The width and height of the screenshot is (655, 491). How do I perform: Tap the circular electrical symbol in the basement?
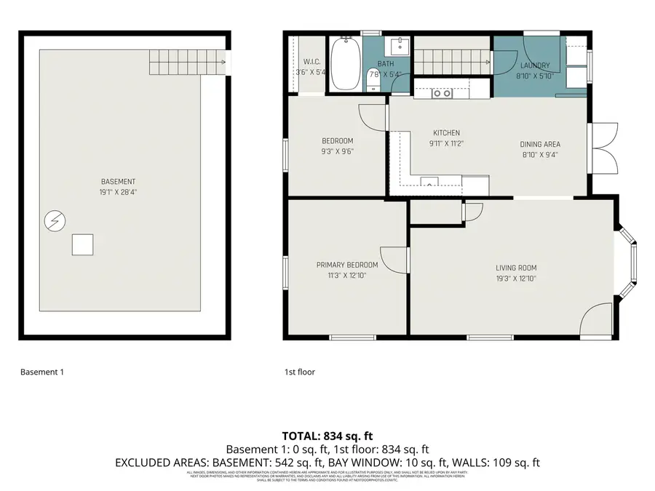[54, 220]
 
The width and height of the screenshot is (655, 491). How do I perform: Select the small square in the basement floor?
[82, 244]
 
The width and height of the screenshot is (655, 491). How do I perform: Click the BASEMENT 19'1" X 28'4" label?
[119, 187]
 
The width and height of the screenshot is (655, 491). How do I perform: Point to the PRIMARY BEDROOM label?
[347, 266]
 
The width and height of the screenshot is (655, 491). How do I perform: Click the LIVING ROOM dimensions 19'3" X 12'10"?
[516, 278]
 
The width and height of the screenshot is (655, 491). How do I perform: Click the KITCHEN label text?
[446, 133]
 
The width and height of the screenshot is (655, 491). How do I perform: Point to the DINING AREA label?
[540, 144]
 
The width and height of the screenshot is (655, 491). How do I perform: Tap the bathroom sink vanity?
[399, 47]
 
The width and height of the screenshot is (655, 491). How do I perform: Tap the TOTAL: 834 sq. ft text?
[327, 436]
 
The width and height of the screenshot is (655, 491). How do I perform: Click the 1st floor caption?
[299, 372]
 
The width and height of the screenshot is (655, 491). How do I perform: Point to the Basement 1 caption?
[42, 372]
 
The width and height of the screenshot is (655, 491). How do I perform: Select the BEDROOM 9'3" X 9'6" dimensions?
[338, 152]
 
